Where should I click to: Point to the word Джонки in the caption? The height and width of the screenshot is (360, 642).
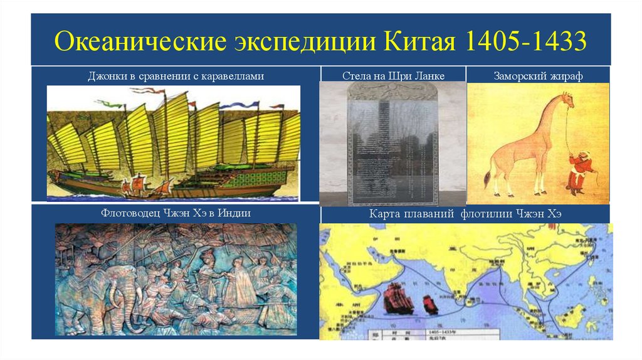[102, 76]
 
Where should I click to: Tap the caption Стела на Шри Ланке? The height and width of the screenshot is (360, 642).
[393, 76]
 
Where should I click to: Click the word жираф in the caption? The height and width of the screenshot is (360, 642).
[567, 76]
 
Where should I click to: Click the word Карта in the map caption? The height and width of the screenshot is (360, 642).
[384, 214]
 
